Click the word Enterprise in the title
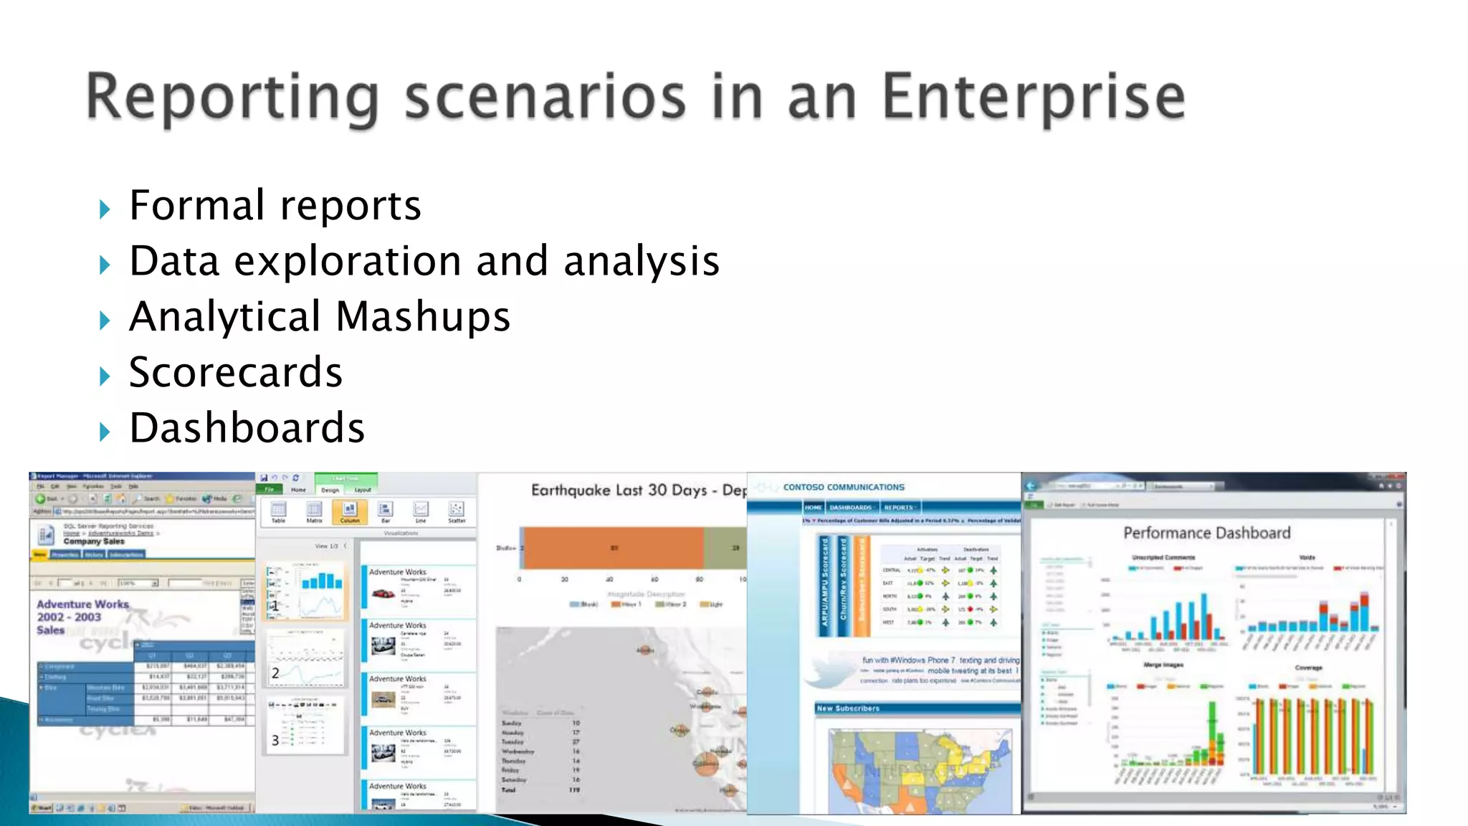point(1033,98)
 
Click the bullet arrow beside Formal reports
point(105,209)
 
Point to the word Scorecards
point(236,372)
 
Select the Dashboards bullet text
point(247,428)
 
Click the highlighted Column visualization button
point(350,511)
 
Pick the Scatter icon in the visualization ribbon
point(456,511)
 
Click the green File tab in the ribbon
point(270,489)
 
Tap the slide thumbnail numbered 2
point(306,655)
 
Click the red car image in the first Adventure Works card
point(383,594)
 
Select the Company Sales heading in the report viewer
point(94,541)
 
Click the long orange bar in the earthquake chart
point(614,548)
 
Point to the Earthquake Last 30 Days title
point(638,490)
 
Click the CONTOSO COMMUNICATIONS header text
point(843,487)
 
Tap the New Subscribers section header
point(848,708)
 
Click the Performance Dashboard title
point(1206,533)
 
